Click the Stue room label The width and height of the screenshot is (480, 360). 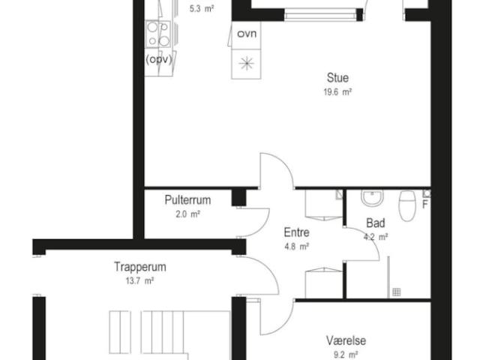click(x=337, y=78)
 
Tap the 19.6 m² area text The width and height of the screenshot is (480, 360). click(x=337, y=91)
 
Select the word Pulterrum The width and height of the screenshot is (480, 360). click(x=187, y=200)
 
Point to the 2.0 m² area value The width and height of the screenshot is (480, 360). click(x=187, y=214)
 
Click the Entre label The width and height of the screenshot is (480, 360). click(x=296, y=232)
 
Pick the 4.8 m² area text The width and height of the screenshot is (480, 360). click(x=296, y=247)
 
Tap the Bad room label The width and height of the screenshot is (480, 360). click(x=376, y=223)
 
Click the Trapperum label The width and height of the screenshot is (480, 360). click(x=140, y=267)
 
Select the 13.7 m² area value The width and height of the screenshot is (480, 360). click(x=139, y=280)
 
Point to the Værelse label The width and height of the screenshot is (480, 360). click(x=346, y=340)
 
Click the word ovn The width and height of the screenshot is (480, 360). click(x=247, y=34)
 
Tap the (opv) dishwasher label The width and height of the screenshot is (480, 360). click(x=159, y=59)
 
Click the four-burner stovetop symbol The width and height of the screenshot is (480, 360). click(x=158, y=34)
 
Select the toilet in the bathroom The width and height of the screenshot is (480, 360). click(x=406, y=205)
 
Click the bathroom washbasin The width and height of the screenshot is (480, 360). click(x=372, y=197)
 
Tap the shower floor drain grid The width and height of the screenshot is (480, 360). click(x=397, y=292)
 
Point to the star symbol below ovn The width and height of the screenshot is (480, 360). click(x=247, y=63)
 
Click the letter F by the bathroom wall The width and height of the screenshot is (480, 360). click(x=425, y=204)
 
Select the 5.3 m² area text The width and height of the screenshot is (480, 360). click(x=202, y=9)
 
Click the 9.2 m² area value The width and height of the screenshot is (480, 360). click(x=346, y=355)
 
